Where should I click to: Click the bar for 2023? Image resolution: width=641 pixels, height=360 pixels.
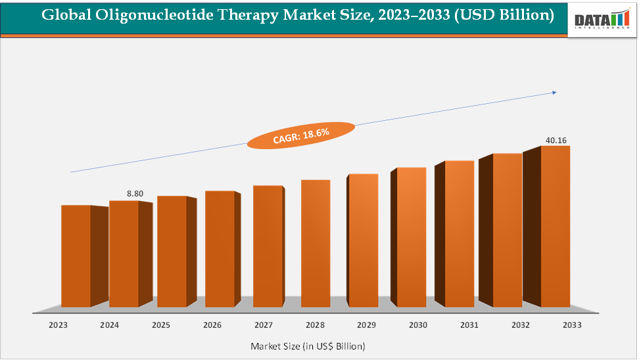[76, 256]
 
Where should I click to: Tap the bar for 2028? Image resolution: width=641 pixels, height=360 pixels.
[316, 243]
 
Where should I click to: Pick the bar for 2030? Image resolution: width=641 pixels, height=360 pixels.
[412, 237]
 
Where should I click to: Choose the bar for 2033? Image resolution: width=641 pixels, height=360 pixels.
[555, 226]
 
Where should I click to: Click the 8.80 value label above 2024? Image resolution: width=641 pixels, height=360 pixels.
[135, 194]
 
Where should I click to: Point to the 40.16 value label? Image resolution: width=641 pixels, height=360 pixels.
[556, 140]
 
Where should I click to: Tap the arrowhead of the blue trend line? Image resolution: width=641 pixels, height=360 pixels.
[554, 93]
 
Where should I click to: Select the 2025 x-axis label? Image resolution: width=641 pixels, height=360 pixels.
[160, 325]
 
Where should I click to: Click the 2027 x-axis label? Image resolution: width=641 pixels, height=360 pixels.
[264, 325]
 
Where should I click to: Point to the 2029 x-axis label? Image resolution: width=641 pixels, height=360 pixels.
[366, 325]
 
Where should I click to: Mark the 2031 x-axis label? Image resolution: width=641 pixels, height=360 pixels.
[469, 325]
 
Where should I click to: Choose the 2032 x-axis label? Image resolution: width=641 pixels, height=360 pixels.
[520, 325]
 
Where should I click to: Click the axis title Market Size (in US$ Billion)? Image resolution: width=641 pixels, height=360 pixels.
[308, 346]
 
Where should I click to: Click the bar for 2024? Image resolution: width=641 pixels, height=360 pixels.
[124, 254]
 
